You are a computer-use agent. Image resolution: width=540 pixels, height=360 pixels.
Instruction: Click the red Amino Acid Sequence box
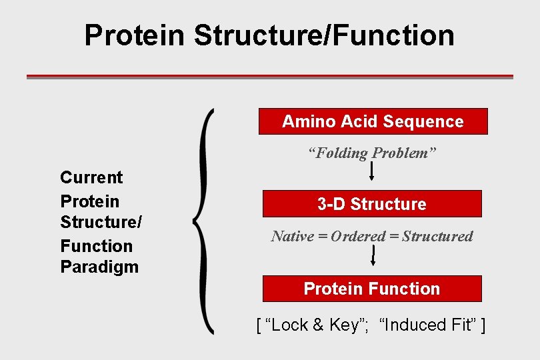373,121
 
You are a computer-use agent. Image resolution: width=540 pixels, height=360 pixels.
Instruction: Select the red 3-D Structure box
371,204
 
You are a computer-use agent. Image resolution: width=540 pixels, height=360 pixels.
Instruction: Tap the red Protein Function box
371,289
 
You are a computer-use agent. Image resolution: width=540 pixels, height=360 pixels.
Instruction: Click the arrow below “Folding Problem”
371,172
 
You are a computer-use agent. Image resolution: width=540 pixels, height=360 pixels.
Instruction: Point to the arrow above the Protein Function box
373,256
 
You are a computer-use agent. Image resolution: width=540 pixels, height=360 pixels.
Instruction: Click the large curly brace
203,220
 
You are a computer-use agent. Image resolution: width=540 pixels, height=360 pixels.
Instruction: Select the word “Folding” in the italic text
342,153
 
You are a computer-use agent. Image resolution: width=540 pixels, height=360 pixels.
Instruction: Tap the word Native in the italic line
292,236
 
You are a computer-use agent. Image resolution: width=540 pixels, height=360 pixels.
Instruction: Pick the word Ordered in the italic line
358,236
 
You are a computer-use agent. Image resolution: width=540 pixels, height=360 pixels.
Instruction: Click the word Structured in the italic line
437,236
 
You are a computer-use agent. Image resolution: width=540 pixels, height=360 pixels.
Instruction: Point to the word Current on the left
91,177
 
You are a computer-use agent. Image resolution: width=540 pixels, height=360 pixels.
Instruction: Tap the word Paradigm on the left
99,267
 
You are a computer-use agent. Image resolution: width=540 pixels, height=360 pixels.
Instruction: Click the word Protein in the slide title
134,35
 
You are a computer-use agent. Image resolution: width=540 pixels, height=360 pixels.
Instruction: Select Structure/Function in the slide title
324,35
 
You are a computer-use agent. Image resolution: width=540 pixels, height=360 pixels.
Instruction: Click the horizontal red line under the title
269,77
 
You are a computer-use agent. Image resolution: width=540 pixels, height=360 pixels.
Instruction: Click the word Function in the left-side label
96,246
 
